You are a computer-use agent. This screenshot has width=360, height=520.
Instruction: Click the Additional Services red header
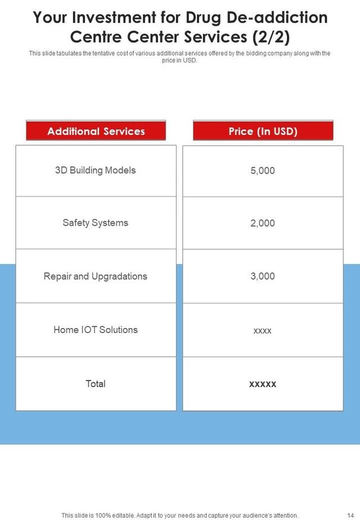click(96, 131)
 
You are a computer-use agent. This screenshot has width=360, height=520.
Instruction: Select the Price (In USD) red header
click(263, 131)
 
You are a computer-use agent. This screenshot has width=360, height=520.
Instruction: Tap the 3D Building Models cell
click(96, 170)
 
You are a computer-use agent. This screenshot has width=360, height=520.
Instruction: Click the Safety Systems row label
click(96, 223)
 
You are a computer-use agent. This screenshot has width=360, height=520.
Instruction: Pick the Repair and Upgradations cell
click(96, 276)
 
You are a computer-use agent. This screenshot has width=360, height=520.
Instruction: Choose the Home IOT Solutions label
click(96, 330)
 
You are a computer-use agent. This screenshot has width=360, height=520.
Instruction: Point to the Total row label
click(96, 384)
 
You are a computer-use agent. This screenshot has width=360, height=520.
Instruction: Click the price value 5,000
click(263, 171)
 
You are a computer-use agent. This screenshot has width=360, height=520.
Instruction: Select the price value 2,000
click(263, 223)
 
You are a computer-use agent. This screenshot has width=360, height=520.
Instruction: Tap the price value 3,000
click(263, 276)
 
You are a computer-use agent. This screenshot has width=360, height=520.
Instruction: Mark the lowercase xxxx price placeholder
click(263, 331)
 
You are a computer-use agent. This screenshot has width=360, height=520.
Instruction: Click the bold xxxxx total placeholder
click(263, 384)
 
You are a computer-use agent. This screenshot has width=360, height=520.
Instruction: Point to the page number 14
click(350, 515)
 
